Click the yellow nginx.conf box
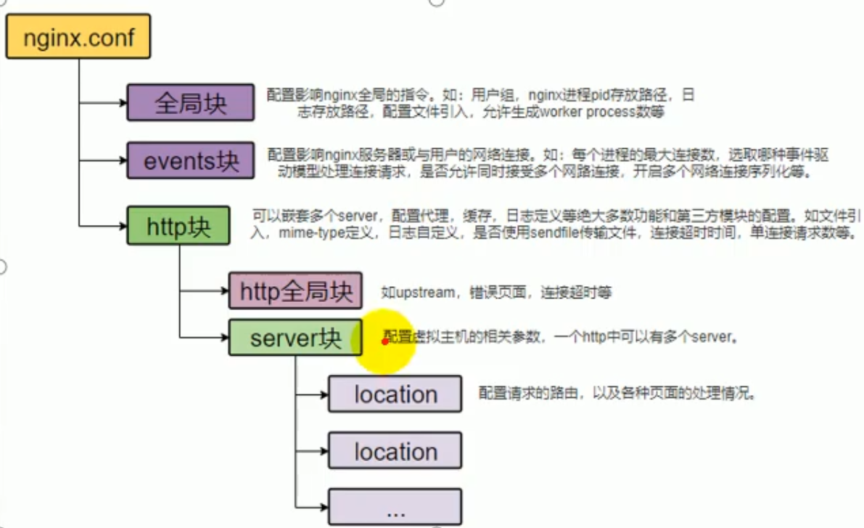(78, 36)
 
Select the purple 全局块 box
(191, 102)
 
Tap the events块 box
(191, 161)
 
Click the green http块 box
(178, 226)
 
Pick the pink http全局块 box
(295, 292)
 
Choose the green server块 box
(295, 338)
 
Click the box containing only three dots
(395, 508)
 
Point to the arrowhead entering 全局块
(123, 102)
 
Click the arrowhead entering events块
(123, 161)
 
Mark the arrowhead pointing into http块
(123, 226)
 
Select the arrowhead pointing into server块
(224, 338)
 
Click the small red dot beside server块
(384, 341)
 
